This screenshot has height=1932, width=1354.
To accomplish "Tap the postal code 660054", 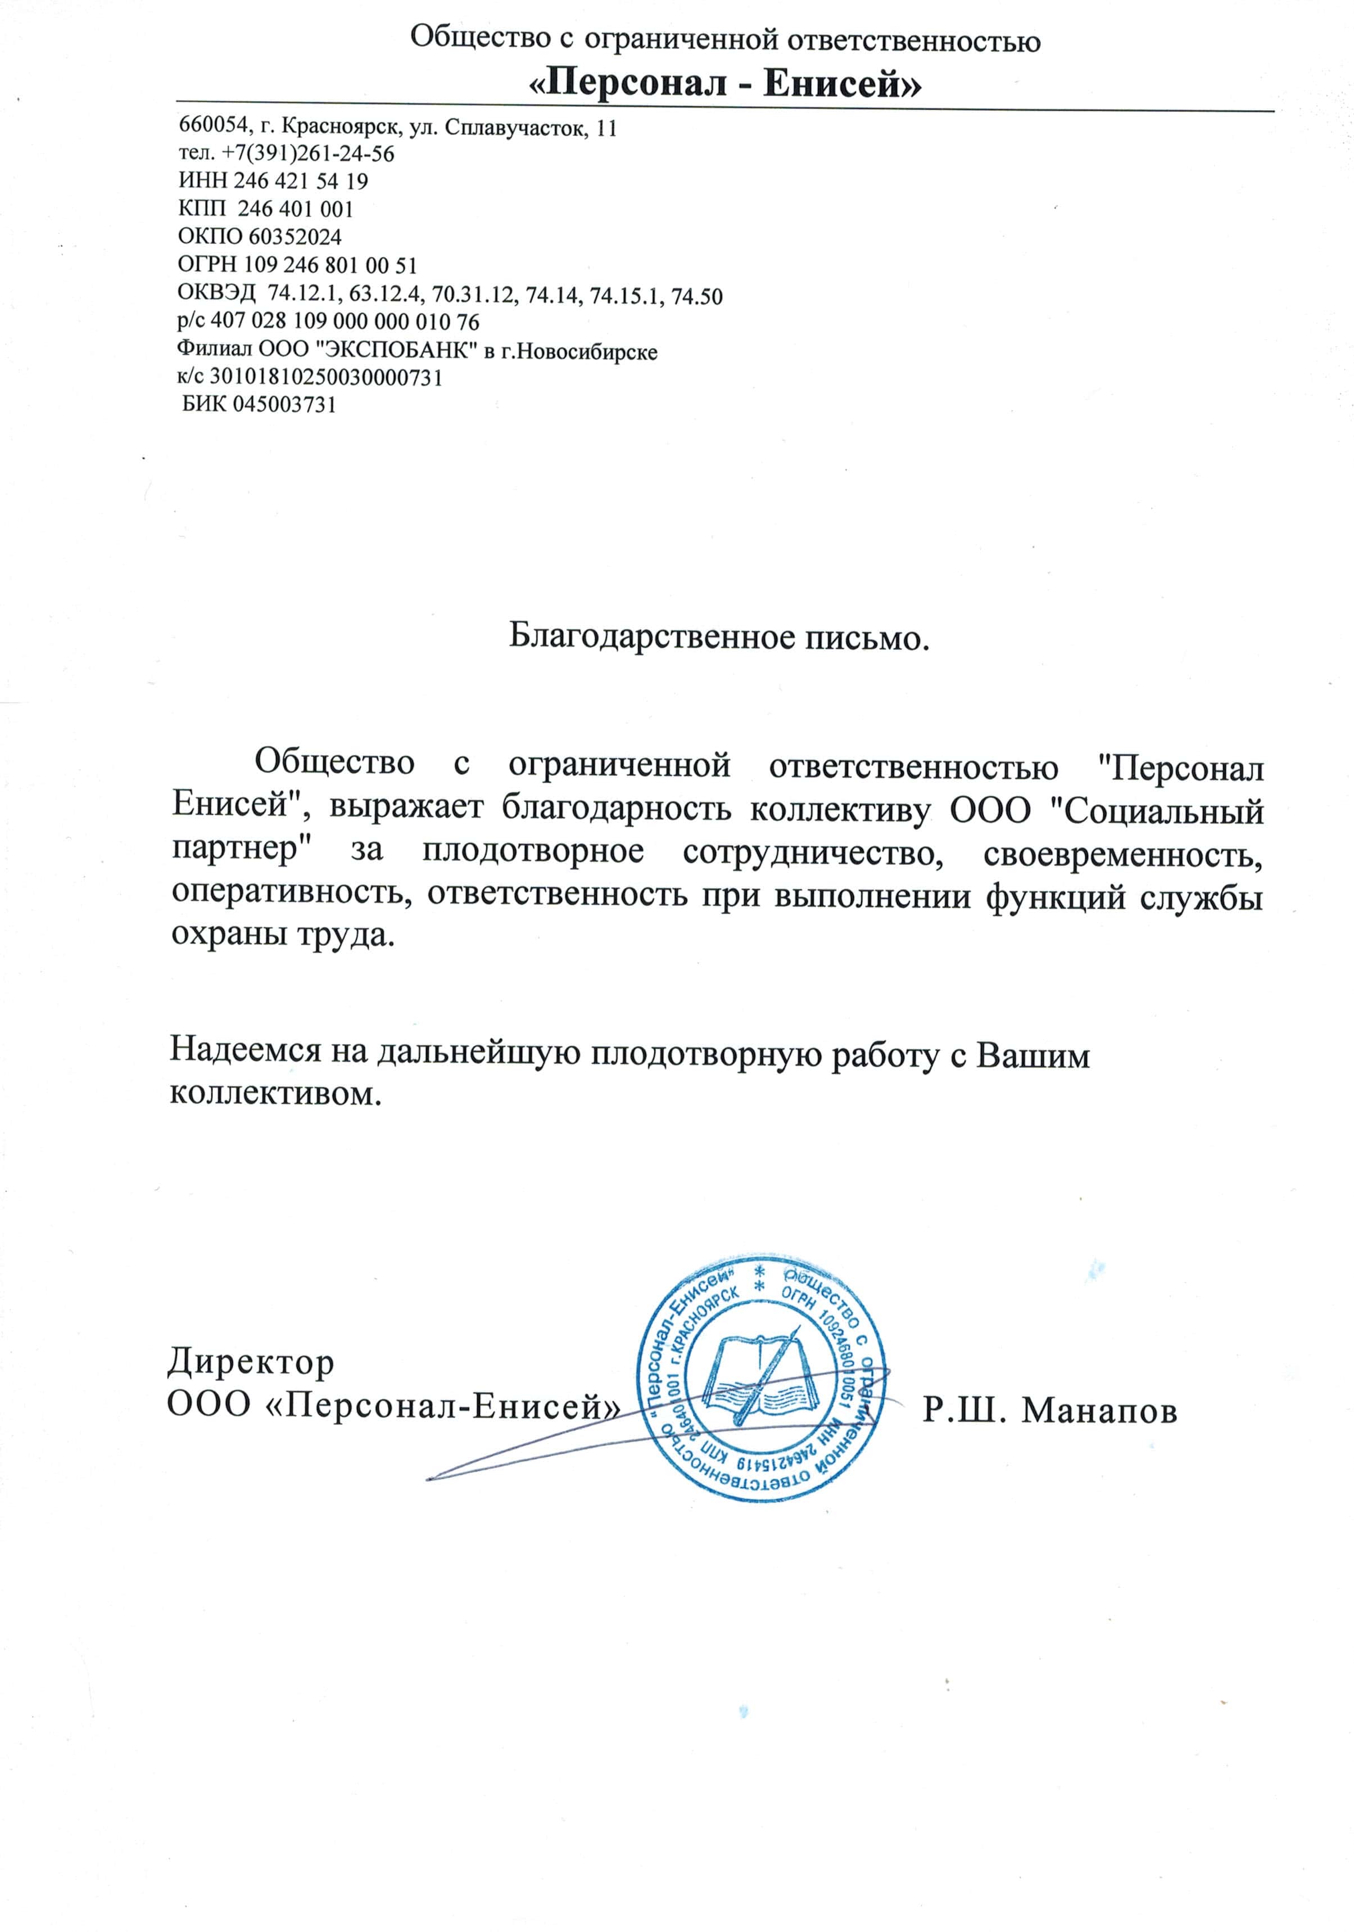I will tap(214, 126).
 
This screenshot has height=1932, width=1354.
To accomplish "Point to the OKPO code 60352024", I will tap(295, 237).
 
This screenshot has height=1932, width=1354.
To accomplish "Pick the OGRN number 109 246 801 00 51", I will tap(330, 265).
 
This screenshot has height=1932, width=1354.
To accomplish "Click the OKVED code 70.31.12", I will tap(473, 295).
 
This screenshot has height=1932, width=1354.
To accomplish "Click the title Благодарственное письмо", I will tap(719, 637).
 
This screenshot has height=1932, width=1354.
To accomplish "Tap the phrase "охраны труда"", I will tap(283, 934).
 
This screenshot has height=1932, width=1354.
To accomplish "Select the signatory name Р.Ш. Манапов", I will tap(1049, 1410).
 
